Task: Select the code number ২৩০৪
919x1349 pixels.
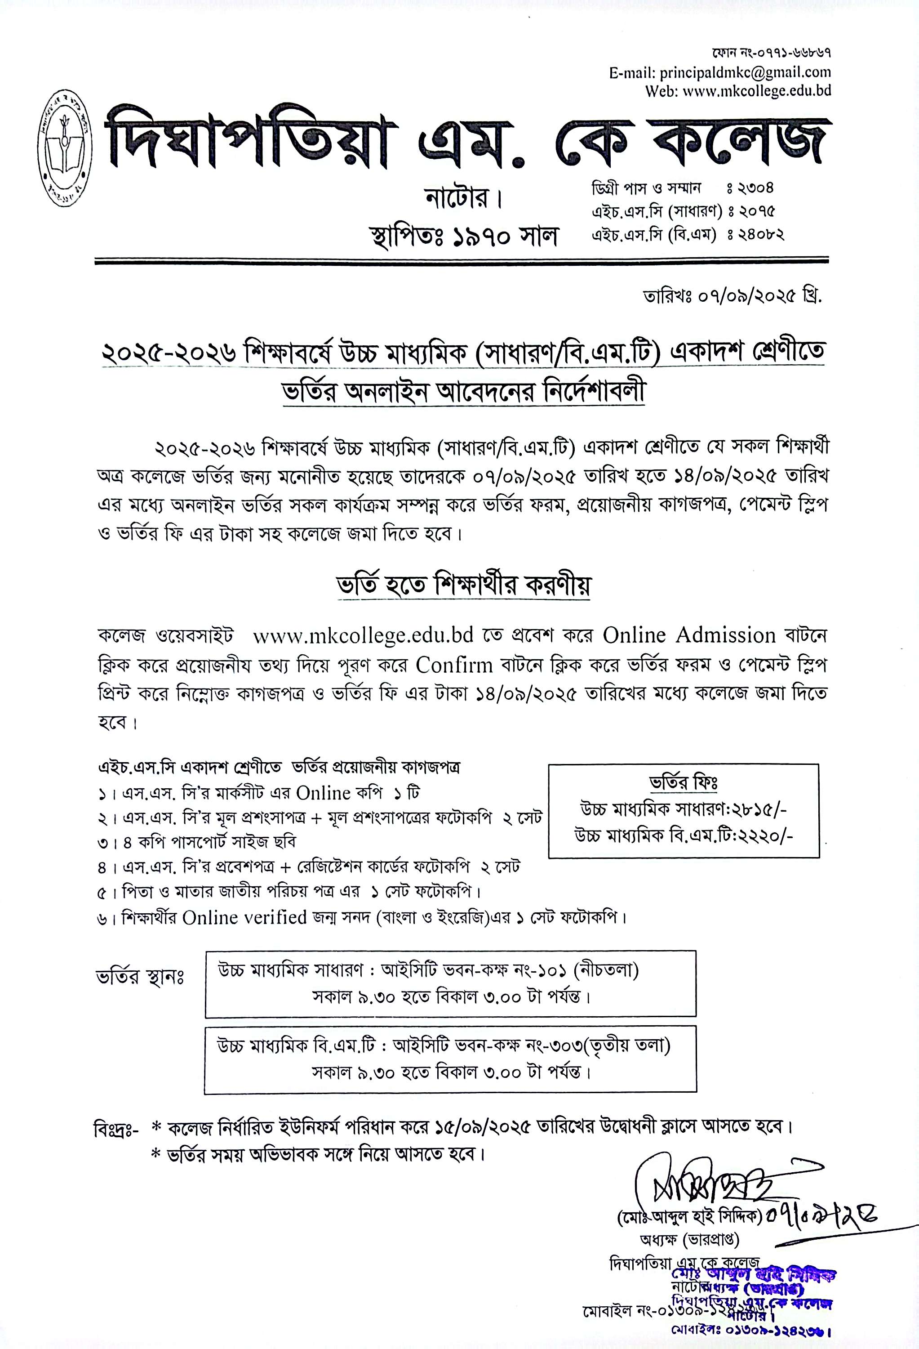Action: coord(755,188)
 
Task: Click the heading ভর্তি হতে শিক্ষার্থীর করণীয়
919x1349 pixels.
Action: coord(464,585)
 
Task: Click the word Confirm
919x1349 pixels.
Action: coord(454,665)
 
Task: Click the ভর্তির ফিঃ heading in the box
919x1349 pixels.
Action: coord(684,783)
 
